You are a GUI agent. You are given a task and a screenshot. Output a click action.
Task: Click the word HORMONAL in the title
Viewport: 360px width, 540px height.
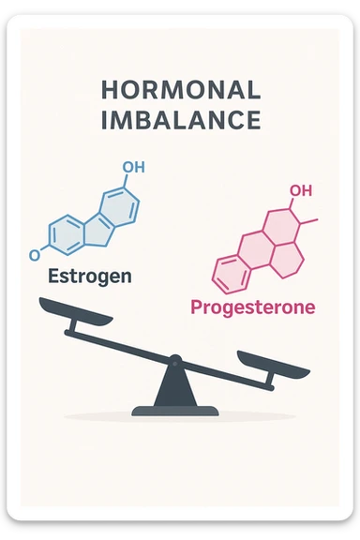coord(180,91)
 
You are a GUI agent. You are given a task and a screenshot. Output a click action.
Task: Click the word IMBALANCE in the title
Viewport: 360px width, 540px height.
coord(180,122)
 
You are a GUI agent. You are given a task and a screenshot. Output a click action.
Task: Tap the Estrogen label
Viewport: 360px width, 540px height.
coord(90,277)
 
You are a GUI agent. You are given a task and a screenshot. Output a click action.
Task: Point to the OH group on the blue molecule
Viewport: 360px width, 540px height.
coord(133,167)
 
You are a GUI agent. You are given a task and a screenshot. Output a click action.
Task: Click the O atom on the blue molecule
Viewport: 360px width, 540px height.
coord(35,254)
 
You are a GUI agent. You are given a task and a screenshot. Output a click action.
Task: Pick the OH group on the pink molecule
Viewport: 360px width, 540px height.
coord(300,191)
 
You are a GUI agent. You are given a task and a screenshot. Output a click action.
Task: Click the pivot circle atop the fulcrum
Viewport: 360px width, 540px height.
coord(174,359)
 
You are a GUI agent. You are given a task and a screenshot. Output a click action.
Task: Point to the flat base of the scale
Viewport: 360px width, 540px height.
coord(174,410)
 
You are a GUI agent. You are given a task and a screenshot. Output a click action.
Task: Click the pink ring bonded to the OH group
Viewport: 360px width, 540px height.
coord(278,222)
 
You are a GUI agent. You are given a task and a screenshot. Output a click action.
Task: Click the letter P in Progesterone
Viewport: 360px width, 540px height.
coord(197,307)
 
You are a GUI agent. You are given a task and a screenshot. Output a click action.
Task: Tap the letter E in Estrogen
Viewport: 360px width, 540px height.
coord(53,277)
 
